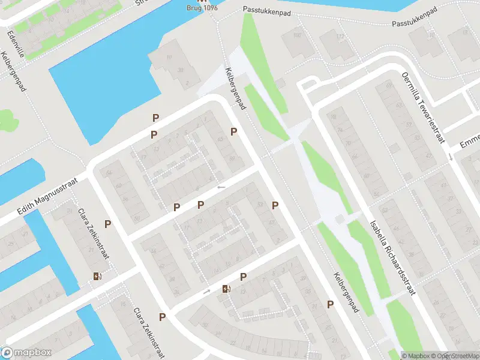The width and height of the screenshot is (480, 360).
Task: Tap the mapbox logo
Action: coord(26,353)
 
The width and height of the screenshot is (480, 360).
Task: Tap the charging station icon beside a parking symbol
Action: coord(226,289)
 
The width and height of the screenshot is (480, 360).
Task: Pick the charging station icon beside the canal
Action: coord(97,277)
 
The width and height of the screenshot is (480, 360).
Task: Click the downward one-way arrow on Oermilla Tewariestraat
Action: coord(450,157)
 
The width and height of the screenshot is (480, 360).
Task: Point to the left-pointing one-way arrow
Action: coord(221,187)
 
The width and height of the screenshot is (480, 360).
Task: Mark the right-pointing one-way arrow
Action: coord(208,292)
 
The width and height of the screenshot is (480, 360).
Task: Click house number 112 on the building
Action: coord(341,37)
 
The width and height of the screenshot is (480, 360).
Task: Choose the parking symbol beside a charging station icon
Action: coord(244,277)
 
